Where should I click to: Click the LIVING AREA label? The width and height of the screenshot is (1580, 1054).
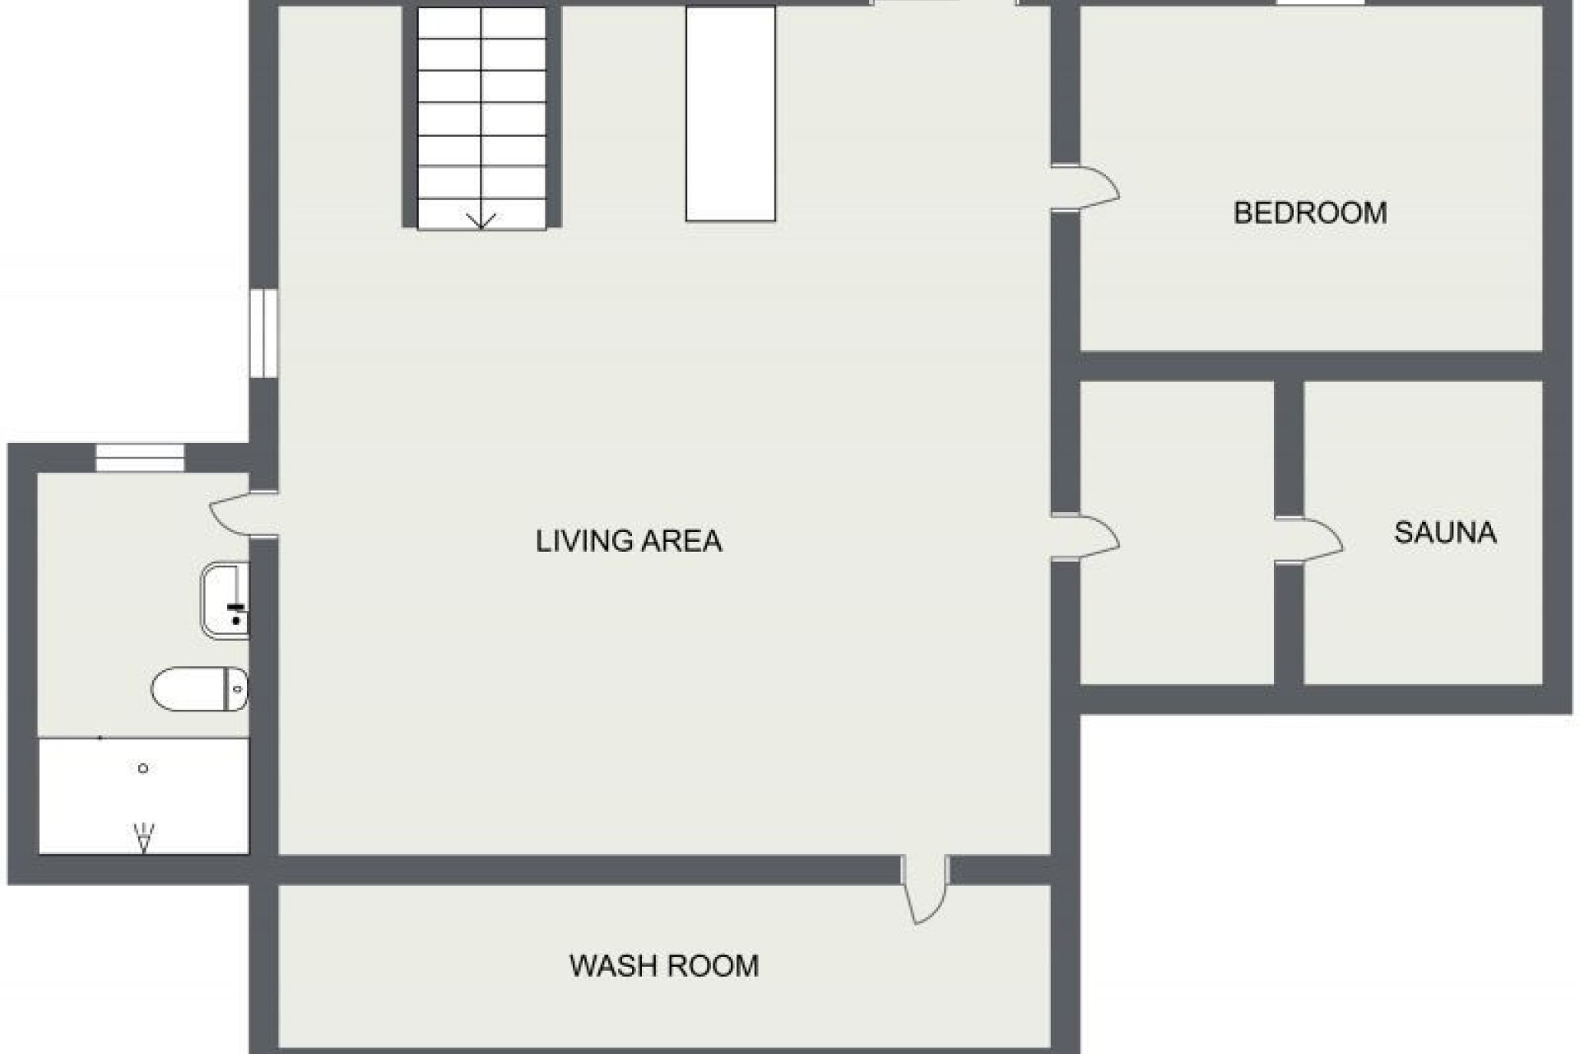tap(629, 541)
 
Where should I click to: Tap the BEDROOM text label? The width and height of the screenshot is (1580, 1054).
tap(1309, 213)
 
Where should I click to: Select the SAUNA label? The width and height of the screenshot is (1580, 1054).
tap(1444, 533)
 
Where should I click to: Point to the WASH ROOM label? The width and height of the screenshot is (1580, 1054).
tap(663, 965)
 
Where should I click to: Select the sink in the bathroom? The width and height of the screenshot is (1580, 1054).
tap(225, 600)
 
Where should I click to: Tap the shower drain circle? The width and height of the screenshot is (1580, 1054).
tap(143, 768)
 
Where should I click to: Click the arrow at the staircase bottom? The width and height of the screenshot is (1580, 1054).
tap(481, 220)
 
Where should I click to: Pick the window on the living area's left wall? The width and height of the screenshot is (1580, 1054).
tap(264, 333)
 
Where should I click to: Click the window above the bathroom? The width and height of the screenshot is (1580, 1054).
tap(140, 458)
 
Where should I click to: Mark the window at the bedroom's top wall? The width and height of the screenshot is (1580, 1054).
tap(1320, 3)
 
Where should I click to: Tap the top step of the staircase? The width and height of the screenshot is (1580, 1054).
tap(481, 23)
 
